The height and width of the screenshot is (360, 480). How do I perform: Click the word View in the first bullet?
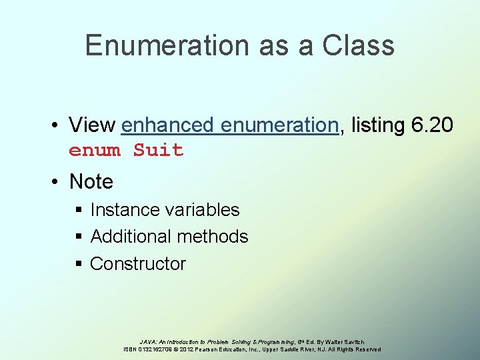(92, 125)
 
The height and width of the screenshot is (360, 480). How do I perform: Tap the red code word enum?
(94, 151)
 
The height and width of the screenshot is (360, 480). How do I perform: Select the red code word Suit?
(158, 151)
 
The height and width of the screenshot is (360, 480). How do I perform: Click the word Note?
(91, 181)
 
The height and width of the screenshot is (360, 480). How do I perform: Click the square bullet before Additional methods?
(79, 237)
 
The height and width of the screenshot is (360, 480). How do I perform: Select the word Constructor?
(138, 264)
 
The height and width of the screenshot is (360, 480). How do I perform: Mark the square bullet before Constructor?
(79, 264)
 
